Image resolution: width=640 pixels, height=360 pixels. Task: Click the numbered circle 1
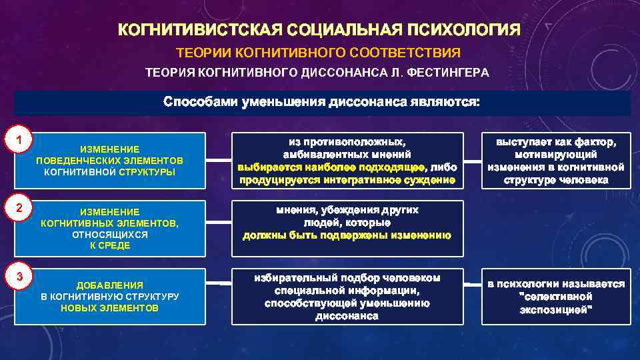coord(21,141)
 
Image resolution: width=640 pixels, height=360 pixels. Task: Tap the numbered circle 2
coord(21,208)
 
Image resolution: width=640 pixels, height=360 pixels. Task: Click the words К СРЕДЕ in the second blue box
coord(110,245)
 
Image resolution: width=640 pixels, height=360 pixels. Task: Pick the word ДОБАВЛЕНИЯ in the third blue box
coord(109,285)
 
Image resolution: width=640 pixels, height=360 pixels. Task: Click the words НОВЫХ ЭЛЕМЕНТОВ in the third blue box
coord(109,308)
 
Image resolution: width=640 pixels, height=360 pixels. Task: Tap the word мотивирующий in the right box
coord(555,155)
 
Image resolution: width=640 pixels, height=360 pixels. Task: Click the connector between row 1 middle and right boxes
coord(472,161)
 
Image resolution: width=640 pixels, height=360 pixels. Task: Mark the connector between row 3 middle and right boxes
coord(472,285)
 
